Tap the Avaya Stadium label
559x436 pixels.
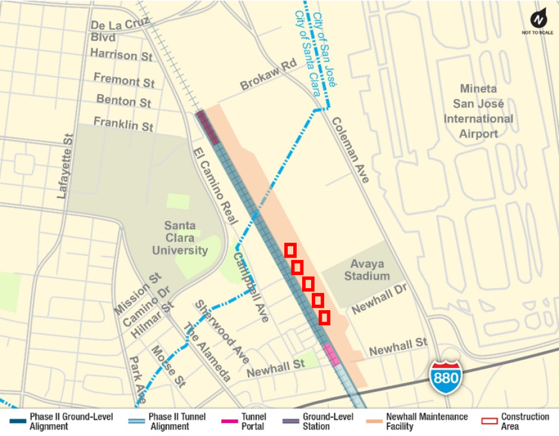tap(369, 270)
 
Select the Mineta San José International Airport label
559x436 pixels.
tap(478, 112)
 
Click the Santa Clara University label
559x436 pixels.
tap(179, 238)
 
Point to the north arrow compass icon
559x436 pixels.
tap(539, 20)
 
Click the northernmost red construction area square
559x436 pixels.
tap(290, 251)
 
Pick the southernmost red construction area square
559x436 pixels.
tap(324, 317)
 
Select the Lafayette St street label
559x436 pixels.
tap(65, 166)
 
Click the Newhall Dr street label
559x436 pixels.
tap(378, 299)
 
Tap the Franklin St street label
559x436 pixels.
tap(123, 124)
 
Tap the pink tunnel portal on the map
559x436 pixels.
tap(331, 354)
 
